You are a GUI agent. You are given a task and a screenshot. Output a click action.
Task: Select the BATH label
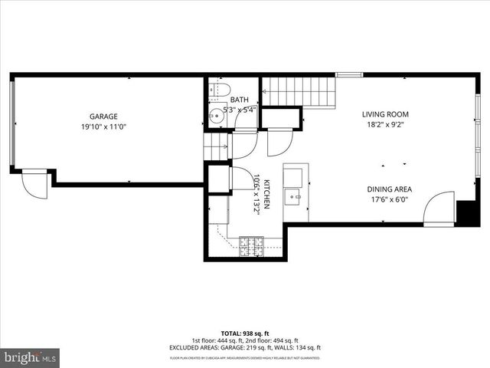[x=240, y=100]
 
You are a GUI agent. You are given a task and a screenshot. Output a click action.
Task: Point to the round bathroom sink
[x=217, y=118]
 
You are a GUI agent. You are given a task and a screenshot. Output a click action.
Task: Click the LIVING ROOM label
[x=387, y=115]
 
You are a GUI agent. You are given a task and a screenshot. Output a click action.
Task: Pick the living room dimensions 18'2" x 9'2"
[x=387, y=126]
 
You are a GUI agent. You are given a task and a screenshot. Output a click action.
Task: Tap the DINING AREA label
[x=390, y=189]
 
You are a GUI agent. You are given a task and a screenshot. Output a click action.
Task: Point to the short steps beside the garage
[x=217, y=145]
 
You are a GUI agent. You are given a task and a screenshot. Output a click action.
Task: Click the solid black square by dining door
[x=467, y=212]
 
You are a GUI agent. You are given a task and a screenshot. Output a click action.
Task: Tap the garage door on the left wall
[x=11, y=123]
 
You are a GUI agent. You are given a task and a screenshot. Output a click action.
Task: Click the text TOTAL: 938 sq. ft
[x=244, y=333]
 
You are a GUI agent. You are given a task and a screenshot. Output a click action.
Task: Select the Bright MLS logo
[x=31, y=357]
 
